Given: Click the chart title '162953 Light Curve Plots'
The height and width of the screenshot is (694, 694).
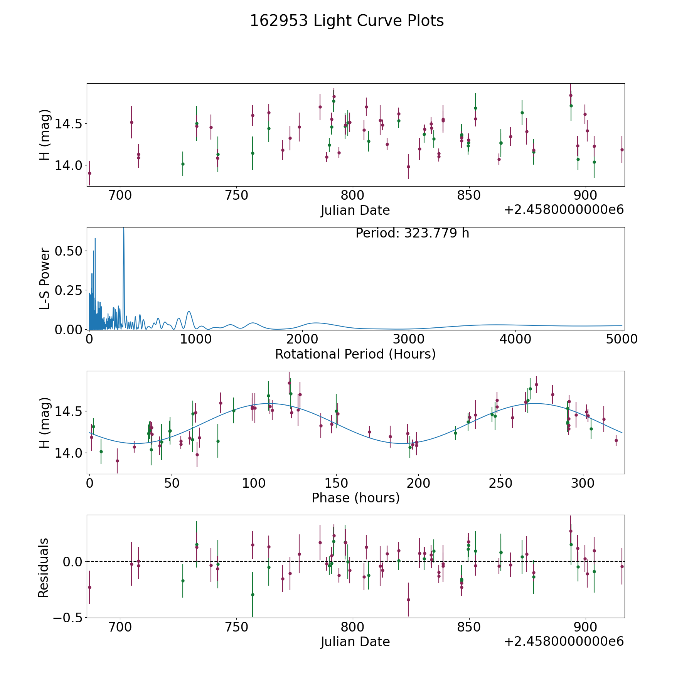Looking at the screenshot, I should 347,21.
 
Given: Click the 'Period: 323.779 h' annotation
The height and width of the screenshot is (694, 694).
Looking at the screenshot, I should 412,233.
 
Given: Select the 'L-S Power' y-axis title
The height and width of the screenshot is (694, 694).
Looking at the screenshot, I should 45,278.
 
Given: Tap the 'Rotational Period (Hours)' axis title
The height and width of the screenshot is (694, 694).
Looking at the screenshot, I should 355,354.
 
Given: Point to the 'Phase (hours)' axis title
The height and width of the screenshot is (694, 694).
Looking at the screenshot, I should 355,498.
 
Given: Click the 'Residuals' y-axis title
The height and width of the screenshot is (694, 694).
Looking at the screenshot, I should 44,568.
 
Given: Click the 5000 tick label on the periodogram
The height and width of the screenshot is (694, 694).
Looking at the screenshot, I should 622,339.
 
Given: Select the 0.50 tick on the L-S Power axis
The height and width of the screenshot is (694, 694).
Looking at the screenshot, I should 69,251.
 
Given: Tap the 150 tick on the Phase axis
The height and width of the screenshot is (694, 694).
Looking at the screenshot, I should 336,483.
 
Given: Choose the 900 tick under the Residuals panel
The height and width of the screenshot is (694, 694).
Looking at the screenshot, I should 586,627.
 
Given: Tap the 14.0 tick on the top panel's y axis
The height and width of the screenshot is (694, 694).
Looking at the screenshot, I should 69,165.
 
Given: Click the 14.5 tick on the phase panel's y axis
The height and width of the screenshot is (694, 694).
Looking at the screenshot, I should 69,411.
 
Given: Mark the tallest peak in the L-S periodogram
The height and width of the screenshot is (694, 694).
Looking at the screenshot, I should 123,229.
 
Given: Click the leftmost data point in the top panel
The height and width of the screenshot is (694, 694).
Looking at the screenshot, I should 89,173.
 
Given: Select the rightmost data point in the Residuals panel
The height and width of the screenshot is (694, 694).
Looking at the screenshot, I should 622,566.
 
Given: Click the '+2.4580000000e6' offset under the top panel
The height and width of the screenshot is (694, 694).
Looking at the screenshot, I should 564,210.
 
